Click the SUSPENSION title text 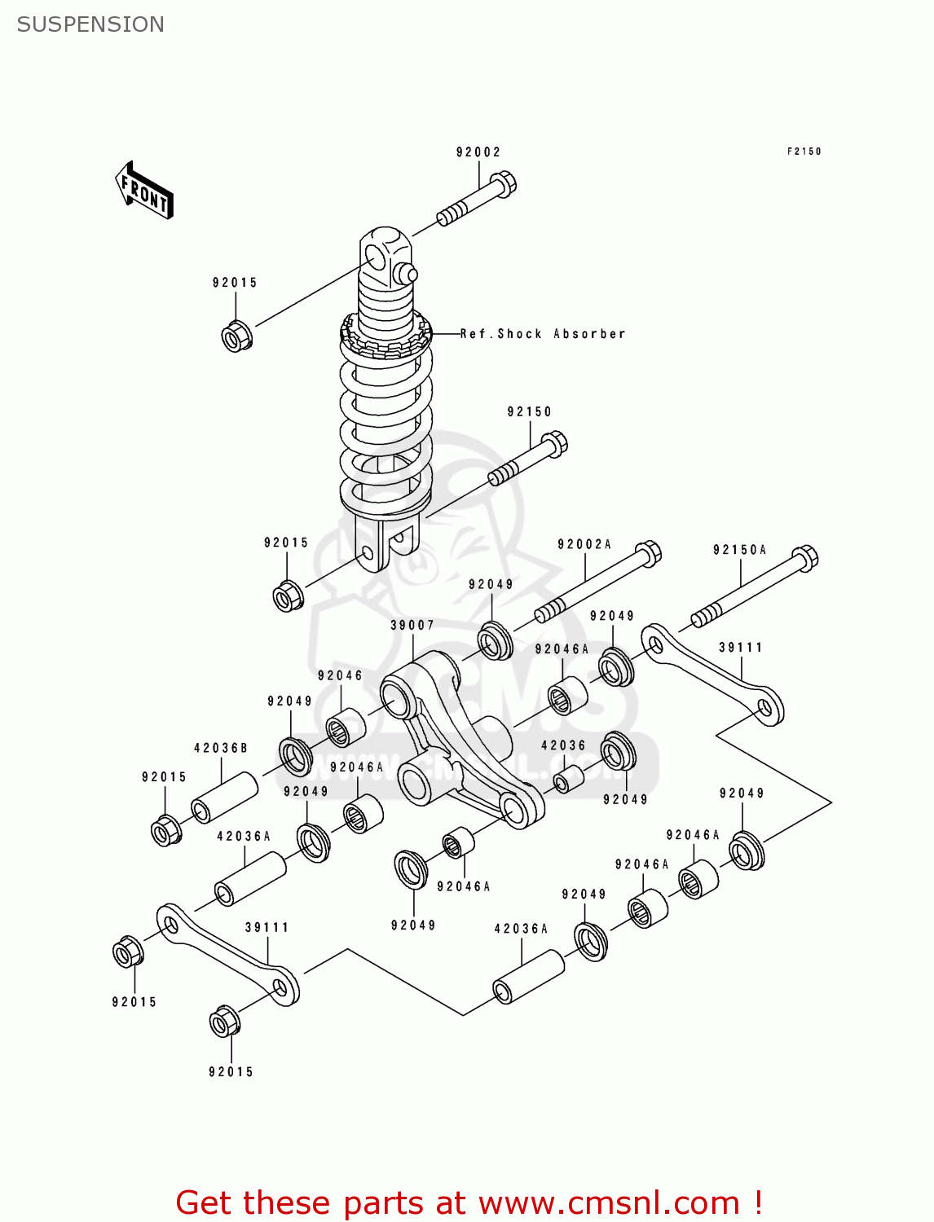90,24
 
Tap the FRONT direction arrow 144,191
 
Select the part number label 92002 478,152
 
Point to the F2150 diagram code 804,152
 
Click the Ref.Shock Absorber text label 543,334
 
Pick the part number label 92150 529,412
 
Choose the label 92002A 584,544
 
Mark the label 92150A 740,550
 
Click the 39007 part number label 412,625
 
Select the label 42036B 221,748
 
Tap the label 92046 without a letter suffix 340,675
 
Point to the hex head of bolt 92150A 804,558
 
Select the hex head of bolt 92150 554,444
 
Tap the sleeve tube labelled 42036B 225,798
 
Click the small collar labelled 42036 568,779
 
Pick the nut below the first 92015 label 236,336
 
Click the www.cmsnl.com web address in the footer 608,1202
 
